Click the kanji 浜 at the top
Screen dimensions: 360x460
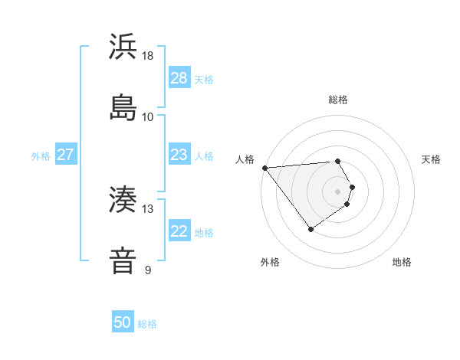click(x=123, y=47)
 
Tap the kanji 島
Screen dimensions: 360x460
click(x=123, y=106)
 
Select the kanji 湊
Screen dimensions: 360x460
click(x=123, y=200)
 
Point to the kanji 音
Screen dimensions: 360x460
click(x=123, y=260)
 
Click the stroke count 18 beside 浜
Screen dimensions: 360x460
click(x=148, y=56)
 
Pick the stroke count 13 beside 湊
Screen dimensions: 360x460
click(x=148, y=209)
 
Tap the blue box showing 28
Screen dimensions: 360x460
click(x=179, y=78)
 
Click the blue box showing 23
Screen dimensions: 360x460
click(x=179, y=155)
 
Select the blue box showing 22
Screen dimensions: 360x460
click(x=179, y=231)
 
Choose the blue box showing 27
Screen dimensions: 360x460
click(x=65, y=155)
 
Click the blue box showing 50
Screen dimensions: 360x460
click(x=122, y=322)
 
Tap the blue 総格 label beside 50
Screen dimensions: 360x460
click(x=148, y=324)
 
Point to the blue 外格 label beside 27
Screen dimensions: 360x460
click(x=41, y=156)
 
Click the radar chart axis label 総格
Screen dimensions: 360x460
click(x=338, y=100)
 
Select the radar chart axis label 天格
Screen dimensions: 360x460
click(x=432, y=159)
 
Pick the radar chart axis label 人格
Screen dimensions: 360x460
click(x=245, y=159)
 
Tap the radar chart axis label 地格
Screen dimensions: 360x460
click(x=402, y=263)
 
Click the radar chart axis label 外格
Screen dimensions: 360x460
click(x=270, y=263)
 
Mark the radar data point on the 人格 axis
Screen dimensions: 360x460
click(x=264, y=168)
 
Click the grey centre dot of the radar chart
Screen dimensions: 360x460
click(x=338, y=191)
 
